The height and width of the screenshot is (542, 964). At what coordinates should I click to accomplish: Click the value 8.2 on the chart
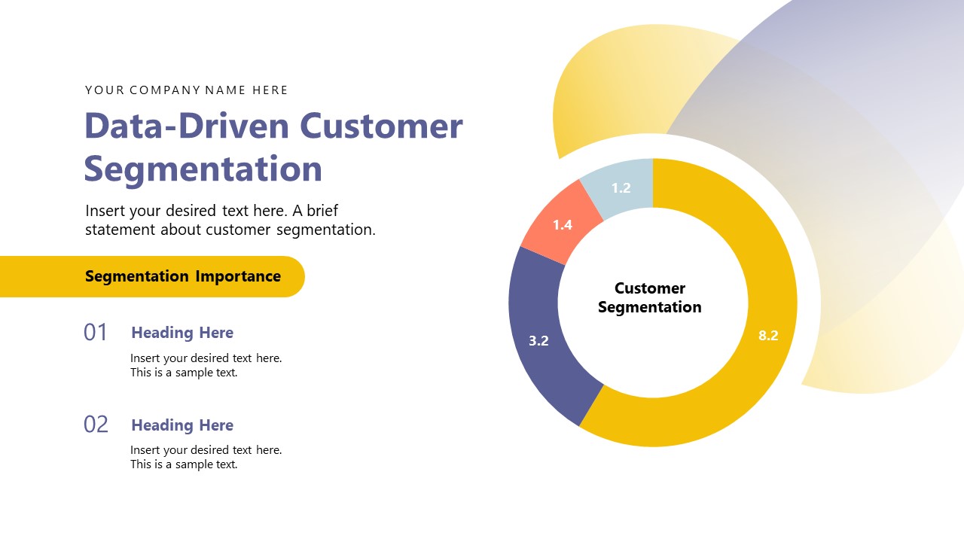[x=768, y=336]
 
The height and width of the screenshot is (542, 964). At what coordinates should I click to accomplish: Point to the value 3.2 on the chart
[x=538, y=340]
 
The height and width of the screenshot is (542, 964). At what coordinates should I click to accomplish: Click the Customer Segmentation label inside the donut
[x=649, y=297]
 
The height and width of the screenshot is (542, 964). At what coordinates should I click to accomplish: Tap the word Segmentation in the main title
[x=203, y=169]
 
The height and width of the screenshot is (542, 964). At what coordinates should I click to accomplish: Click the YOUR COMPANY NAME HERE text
[x=186, y=90]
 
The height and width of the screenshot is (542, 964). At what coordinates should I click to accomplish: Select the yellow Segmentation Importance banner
[x=151, y=276]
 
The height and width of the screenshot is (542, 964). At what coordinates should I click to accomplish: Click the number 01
[x=96, y=332]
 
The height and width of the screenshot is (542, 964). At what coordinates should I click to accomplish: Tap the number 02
[x=96, y=425]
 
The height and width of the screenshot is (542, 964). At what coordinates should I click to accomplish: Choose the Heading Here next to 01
[x=182, y=333]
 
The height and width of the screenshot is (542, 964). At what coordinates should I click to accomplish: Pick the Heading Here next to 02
[x=182, y=425]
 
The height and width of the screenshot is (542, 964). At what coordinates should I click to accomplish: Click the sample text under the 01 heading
[x=206, y=365]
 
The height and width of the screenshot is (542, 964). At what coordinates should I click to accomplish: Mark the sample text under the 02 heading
[x=206, y=457]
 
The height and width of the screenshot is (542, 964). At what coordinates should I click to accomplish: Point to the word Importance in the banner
[x=238, y=276]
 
